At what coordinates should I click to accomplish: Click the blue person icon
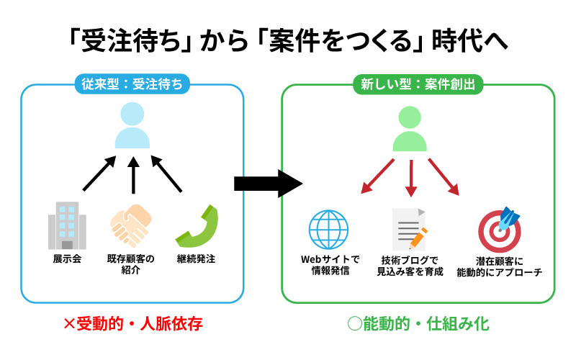(x=132, y=125)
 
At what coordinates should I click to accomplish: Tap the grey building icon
(x=67, y=224)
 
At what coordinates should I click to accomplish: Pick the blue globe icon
(x=329, y=230)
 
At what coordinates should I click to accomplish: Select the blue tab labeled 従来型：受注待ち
(x=132, y=84)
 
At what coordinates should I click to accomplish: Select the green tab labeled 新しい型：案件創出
(x=418, y=84)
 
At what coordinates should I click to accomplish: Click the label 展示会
(x=67, y=259)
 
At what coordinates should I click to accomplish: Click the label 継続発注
(x=196, y=259)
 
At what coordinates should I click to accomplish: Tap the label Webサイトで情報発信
(x=330, y=266)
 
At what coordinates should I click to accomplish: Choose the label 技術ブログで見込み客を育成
(x=410, y=266)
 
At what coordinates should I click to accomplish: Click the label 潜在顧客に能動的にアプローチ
(x=498, y=266)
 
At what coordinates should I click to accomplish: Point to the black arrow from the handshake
(x=132, y=175)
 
